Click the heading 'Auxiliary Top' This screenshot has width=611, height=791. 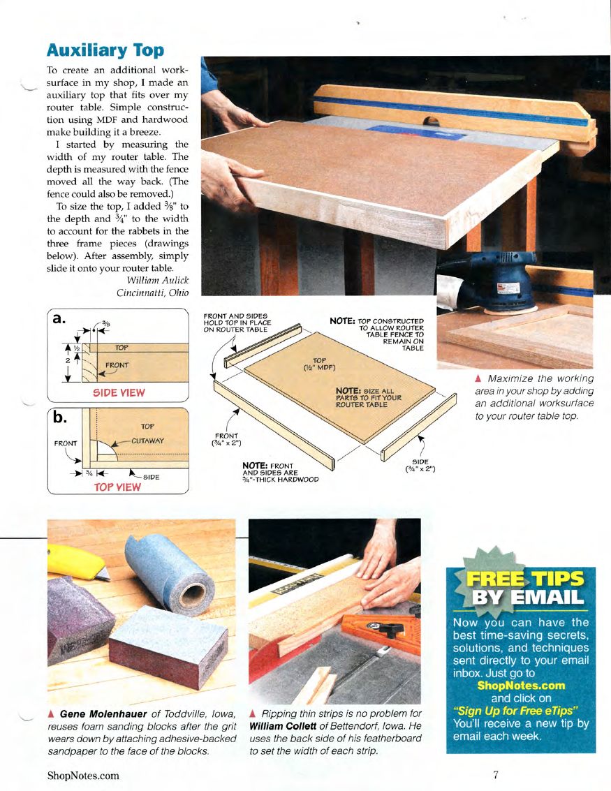point(105,50)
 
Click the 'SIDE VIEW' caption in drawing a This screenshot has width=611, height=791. point(119,392)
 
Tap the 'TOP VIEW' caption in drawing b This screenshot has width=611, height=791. point(117,487)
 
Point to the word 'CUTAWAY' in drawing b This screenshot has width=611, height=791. point(148,441)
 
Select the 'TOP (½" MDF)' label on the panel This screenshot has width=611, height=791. point(319,364)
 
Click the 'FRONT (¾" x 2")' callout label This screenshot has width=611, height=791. point(226,439)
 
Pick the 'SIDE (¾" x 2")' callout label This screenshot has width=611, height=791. point(420,465)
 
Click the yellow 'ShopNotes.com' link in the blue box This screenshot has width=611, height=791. point(521,686)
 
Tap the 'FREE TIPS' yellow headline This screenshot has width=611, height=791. point(524,578)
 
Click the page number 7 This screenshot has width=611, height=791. point(496,774)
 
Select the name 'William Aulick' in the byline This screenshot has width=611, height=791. point(157,280)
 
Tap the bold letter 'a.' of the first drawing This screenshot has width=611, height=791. point(59,318)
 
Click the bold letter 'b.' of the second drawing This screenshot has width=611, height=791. point(60,417)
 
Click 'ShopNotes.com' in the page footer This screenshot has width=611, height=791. point(83,776)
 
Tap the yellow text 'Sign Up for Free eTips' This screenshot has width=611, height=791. point(515,711)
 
